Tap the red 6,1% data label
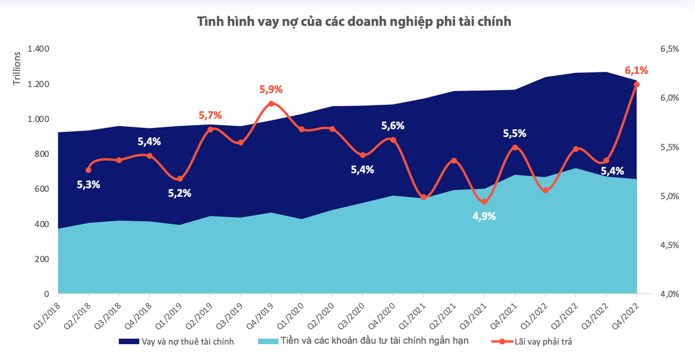(x=636, y=71)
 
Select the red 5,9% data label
(x=270, y=90)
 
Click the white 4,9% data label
(x=484, y=217)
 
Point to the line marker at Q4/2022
(x=637, y=85)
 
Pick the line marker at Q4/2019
(x=271, y=104)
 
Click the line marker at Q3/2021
(x=484, y=201)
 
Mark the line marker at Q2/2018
(x=88, y=170)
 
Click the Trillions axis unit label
(x=17, y=69)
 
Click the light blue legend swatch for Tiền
(x=266, y=341)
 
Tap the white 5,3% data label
(x=89, y=185)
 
